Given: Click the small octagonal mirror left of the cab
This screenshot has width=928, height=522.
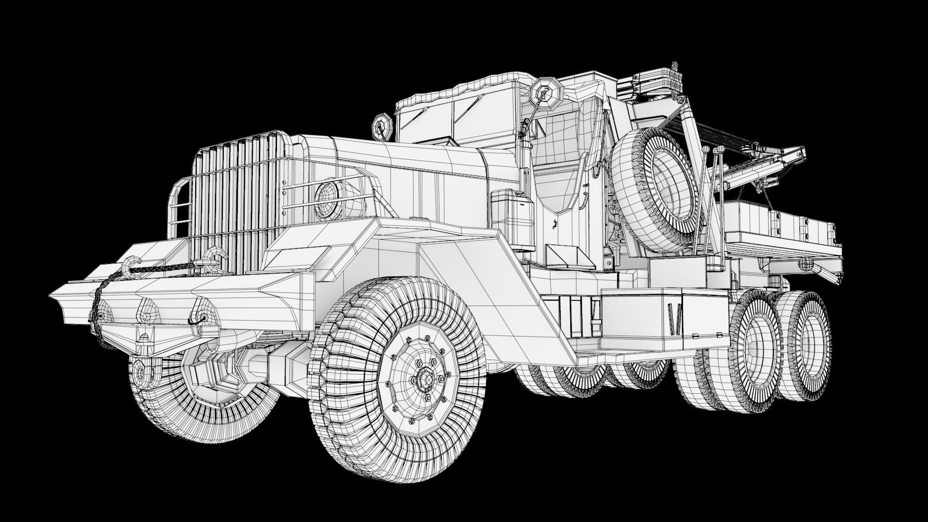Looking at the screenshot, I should pyautogui.click(x=381, y=125).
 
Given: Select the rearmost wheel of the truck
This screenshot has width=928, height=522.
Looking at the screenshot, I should pyautogui.click(x=807, y=346).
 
